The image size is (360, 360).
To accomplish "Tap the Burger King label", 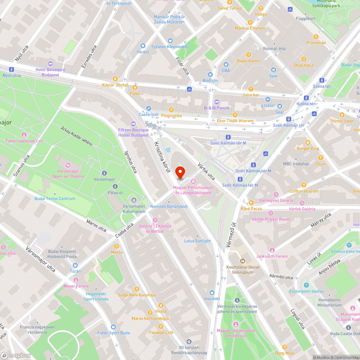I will pyautogui.click(x=308, y=149).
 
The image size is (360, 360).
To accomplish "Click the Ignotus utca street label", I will pyautogui.click(x=130, y=162).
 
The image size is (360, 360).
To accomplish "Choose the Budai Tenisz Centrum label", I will pyautogui.click(x=55, y=199).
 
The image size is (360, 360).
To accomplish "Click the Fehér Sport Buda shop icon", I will pyautogui.click(x=114, y=327).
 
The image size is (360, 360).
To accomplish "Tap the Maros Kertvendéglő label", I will pyautogui.click(x=150, y=319).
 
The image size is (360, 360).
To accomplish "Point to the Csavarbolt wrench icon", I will pyautogui.click(x=149, y=108).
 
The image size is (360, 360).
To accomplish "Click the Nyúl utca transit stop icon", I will pyautogui.click(x=12, y=69).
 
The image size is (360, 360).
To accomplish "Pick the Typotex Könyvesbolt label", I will pyautogui.click(x=170, y=47).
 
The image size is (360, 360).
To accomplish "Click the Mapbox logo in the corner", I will pyautogui.click(x=16, y=355).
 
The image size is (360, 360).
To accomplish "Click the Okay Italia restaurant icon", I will pyautogui.click(x=303, y=59).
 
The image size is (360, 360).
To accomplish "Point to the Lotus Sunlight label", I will pyautogui.click(x=197, y=241).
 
